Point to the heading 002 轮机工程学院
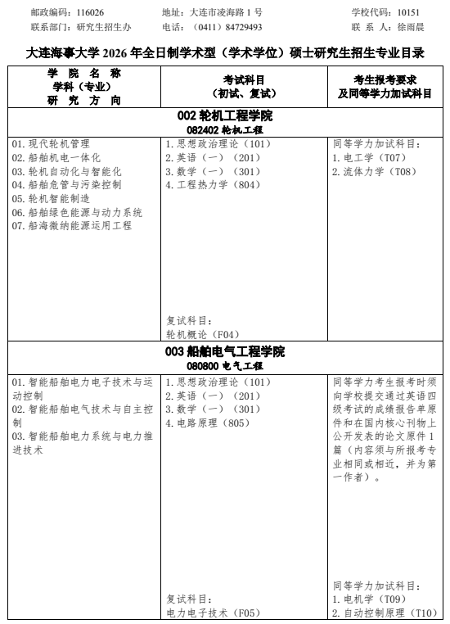(x=225, y=115)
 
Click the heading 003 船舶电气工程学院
(x=225, y=351)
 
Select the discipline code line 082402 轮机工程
(x=225, y=129)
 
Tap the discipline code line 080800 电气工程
(x=225, y=365)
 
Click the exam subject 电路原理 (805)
(x=207, y=423)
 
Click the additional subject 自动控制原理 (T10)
(x=384, y=613)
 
